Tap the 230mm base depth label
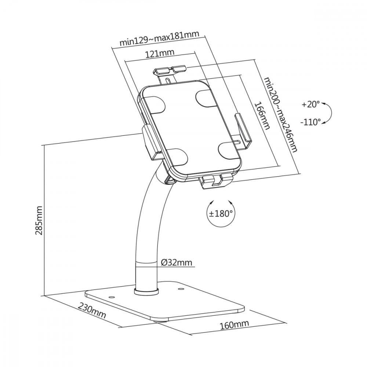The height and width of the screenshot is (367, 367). [x=92, y=310]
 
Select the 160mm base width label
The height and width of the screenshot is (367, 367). [x=234, y=324]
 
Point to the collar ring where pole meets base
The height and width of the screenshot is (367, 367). [x=147, y=292]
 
